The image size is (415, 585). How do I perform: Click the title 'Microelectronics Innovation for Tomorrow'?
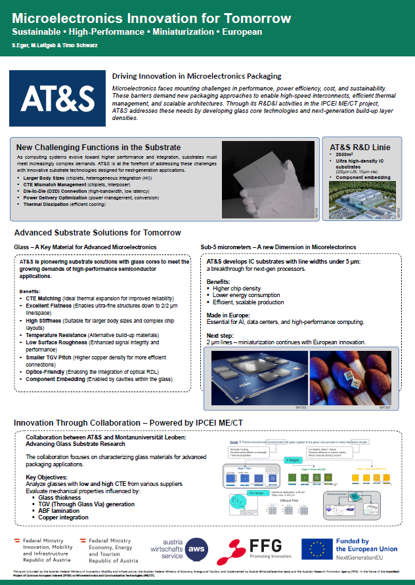(x=152, y=18)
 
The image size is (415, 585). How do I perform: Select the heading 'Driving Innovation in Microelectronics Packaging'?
(x=196, y=77)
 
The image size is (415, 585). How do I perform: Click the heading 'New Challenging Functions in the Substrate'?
(x=98, y=148)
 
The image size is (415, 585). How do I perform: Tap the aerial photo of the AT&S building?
(x=362, y=197)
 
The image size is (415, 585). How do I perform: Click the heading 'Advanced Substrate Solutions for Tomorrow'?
(x=98, y=233)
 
